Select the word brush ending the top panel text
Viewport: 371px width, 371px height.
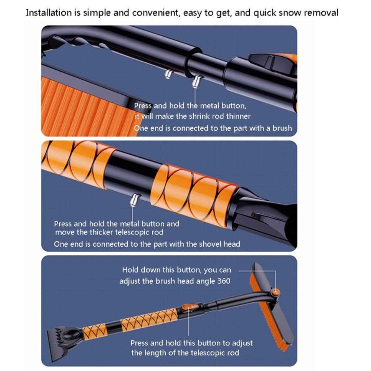(x=281, y=128)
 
